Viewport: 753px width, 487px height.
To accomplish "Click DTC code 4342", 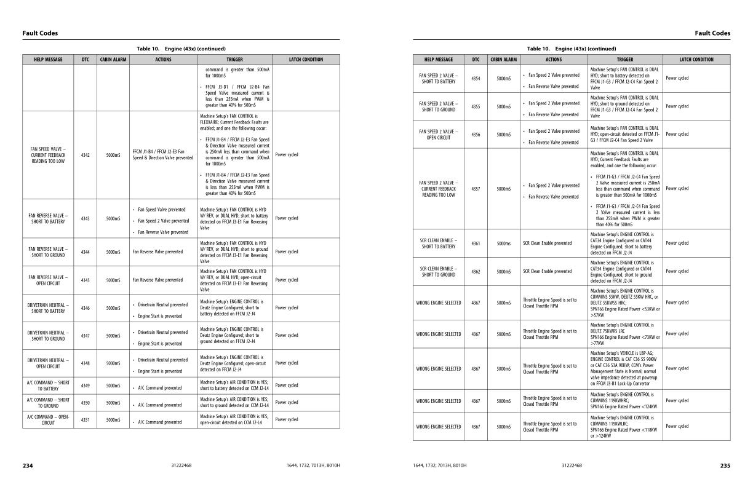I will click(x=85, y=155).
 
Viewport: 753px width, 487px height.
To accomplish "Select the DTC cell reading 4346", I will click(x=85, y=308).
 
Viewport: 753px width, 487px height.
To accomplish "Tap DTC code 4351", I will click(x=85, y=420).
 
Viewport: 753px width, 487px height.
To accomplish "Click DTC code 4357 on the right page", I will click(x=476, y=189).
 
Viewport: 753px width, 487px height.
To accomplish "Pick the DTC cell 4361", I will click(x=476, y=244).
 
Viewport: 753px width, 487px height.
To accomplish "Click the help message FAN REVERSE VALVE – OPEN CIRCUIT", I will click(x=48, y=280).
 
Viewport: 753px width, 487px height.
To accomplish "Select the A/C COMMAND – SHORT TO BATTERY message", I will click(x=48, y=386).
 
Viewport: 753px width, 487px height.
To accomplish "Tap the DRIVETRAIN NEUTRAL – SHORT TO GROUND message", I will click(x=48, y=336).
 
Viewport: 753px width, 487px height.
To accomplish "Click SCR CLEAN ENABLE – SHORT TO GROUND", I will click(x=438, y=272).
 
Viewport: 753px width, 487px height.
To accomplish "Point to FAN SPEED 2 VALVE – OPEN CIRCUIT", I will click(x=438, y=134).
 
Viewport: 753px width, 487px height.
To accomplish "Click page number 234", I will click(x=28, y=465).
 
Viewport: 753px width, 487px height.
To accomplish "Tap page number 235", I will click(x=725, y=465).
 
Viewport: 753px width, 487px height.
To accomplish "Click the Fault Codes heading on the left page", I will click(x=40, y=33).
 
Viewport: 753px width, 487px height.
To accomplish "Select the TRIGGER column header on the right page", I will click(x=625, y=60).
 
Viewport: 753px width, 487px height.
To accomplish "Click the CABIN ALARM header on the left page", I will click(x=113, y=60).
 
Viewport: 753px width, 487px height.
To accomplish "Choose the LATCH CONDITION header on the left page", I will click(x=306, y=60).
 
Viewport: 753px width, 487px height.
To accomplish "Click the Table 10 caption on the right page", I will click(x=572, y=49).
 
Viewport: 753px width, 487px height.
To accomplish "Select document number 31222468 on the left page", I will click(x=181, y=465).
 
